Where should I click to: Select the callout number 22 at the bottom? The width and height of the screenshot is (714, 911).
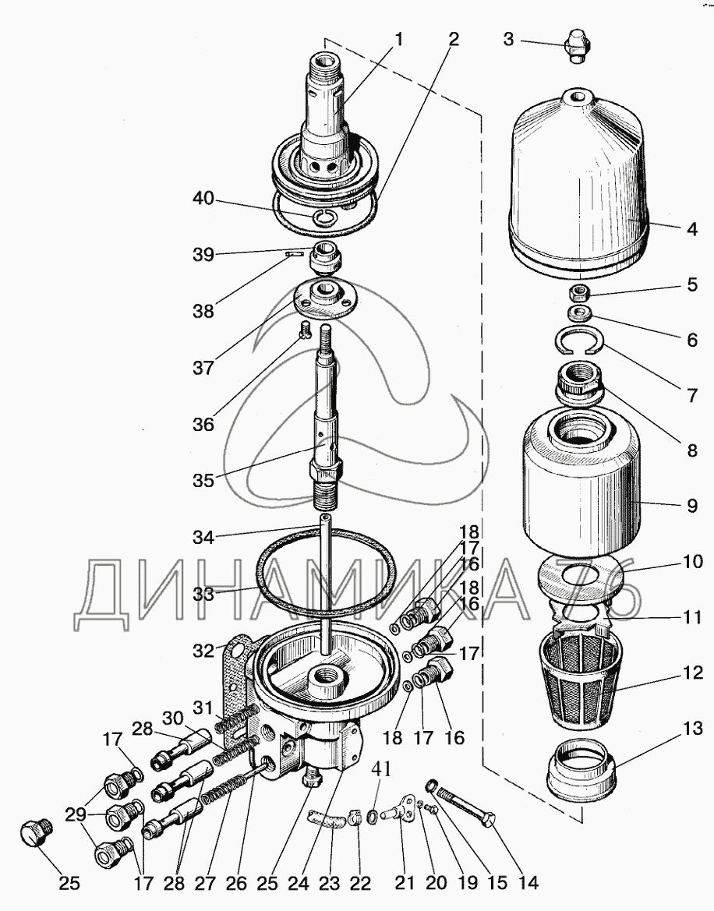point(359,883)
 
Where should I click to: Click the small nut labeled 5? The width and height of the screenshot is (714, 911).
point(579,294)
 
